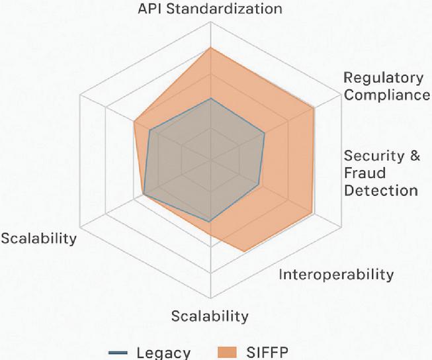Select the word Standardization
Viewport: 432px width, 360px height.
click(x=224, y=9)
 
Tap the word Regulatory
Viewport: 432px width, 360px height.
click(x=383, y=79)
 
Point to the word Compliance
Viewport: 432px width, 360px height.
click(x=387, y=95)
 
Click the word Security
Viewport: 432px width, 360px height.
click(x=373, y=156)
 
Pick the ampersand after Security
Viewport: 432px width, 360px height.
click(x=414, y=156)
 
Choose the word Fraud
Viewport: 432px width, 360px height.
click(x=365, y=173)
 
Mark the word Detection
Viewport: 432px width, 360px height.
click(x=381, y=191)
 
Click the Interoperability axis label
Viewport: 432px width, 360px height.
click(x=336, y=275)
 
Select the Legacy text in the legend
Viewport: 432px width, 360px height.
click(x=163, y=353)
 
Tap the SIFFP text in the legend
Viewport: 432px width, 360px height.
click(x=267, y=352)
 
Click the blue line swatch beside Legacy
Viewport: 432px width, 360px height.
click(x=118, y=353)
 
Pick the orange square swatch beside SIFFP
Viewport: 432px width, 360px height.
click(x=227, y=352)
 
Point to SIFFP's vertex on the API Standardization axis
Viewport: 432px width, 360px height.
click(x=211, y=48)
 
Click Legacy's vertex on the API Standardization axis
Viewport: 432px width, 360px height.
click(x=211, y=98)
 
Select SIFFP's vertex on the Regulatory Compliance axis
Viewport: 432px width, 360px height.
click(x=314, y=109)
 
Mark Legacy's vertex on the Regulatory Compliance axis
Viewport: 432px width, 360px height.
click(x=265, y=133)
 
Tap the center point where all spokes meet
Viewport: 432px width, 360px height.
click(x=211, y=160)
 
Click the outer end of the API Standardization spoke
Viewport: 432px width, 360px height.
click(x=211, y=22)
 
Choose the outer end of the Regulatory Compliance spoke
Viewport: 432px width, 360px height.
click(x=341, y=95)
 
